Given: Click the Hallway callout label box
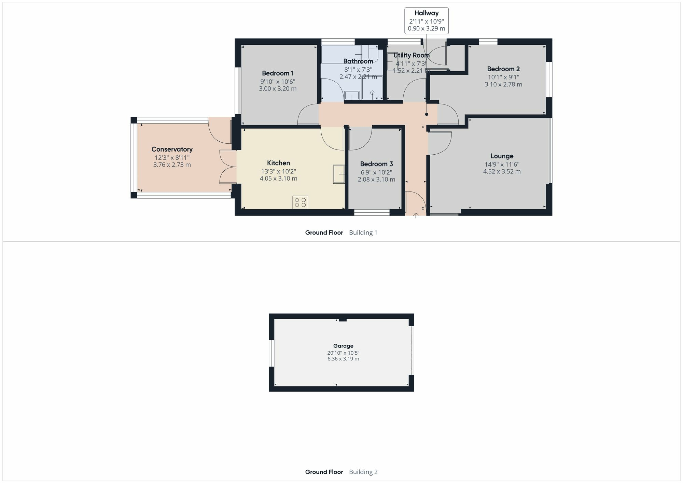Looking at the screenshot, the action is [x=427, y=21].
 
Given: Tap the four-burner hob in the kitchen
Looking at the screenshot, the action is [x=300, y=202].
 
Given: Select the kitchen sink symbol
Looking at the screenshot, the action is [x=339, y=174].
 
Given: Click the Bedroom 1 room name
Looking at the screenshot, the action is [x=278, y=73].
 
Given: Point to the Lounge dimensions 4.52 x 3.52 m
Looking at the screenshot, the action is [x=502, y=171].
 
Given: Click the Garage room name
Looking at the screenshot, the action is [x=343, y=346].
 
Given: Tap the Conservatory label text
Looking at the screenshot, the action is [x=172, y=149].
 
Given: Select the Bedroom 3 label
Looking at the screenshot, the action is [x=376, y=164].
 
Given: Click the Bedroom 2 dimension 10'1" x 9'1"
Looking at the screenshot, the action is [x=503, y=77].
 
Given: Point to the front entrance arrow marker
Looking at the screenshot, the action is [x=416, y=215].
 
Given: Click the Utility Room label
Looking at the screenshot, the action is [x=412, y=55].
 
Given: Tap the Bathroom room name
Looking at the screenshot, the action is [x=358, y=61].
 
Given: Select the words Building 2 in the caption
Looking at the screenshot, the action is [x=363, y=472].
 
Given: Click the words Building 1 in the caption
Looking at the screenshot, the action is [x=363, y=233].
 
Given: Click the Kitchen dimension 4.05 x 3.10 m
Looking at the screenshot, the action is [x=278, y=179].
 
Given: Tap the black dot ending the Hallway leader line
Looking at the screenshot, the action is [x=427, y=114].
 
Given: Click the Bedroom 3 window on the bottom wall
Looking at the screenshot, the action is [x=372, y=213].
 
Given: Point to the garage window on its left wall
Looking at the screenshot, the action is [x=272, y=353].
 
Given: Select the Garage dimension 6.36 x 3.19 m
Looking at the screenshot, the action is [x=343, y=359].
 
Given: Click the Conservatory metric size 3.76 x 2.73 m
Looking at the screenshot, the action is [x=172, y=165].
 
